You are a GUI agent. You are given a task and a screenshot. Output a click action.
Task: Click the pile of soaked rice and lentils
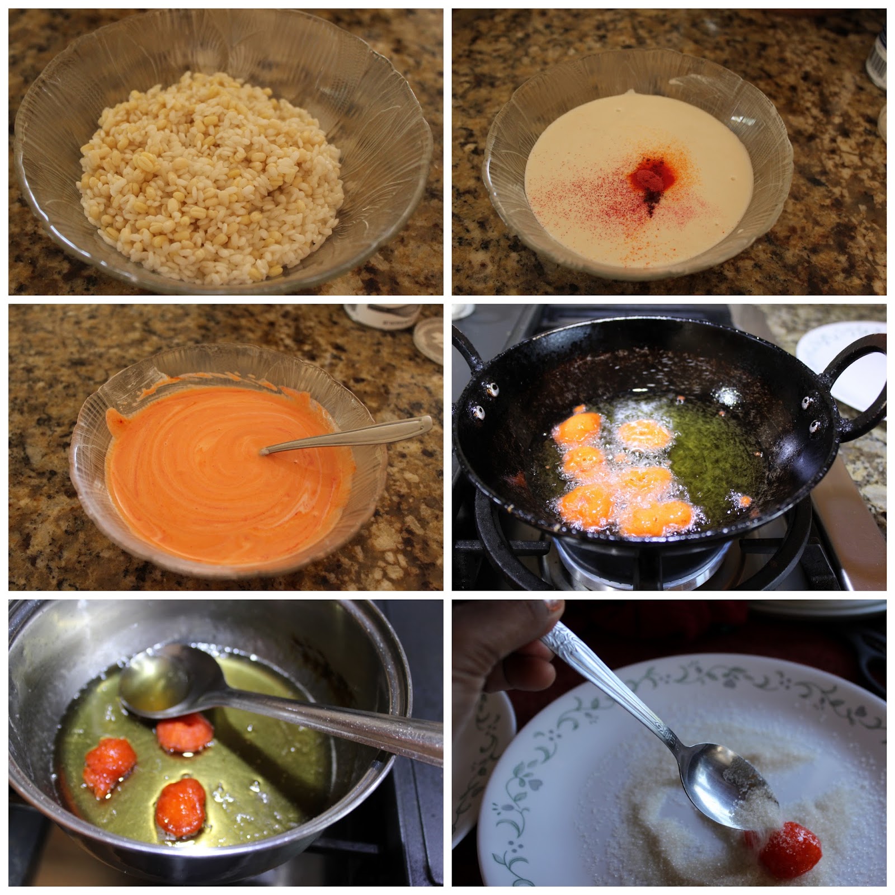[x=210, y=185]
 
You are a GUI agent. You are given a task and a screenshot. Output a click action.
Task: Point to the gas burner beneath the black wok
[x=643, y=565]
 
